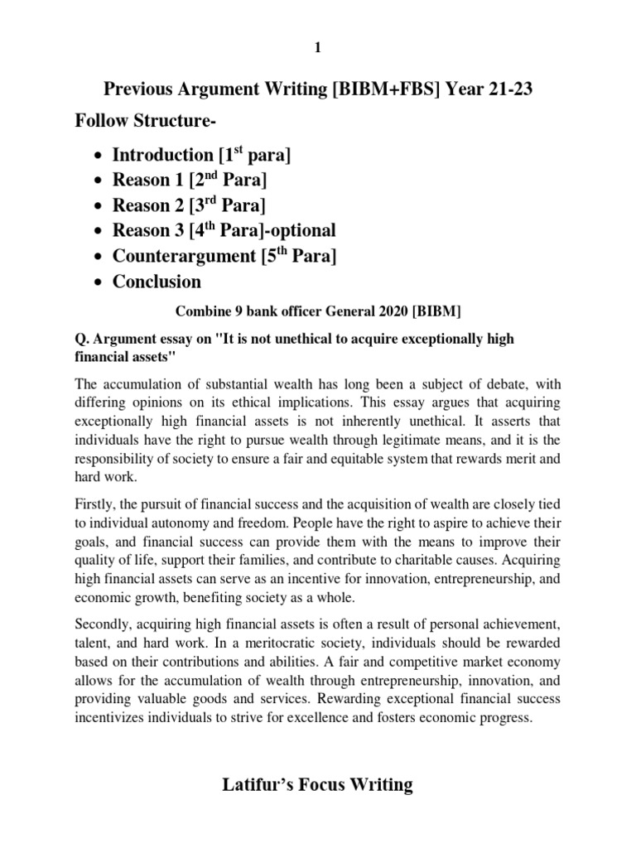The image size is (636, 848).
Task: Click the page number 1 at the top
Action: click(x=318, y=49)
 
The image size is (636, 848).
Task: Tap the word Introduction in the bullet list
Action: click(x=162, y=155)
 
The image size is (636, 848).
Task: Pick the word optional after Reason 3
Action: click(x=304, y=230)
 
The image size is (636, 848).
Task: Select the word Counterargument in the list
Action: click(x=183, y=256)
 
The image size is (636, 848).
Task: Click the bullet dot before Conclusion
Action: click(x=99, y=282)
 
